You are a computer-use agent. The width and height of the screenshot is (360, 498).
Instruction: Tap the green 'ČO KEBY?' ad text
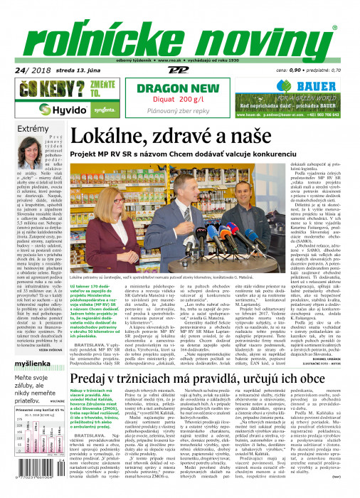pyautogui.click(x=43, y=90)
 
